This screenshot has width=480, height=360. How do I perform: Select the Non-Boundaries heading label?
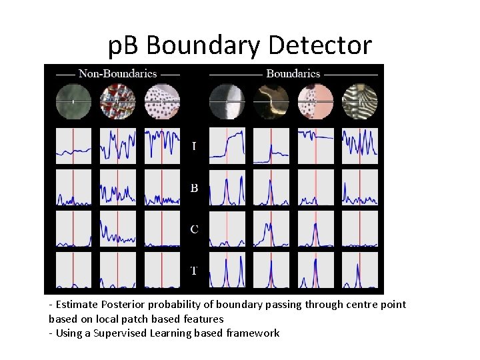118,73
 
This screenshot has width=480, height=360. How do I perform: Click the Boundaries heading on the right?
293,73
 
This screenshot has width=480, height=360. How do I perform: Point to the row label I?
194,145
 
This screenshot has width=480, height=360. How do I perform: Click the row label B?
194,188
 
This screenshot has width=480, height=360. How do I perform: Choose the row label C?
194,229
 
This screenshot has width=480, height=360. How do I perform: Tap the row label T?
194,270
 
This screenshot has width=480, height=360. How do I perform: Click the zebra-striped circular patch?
360,101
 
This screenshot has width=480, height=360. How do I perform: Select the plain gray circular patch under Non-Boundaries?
73,101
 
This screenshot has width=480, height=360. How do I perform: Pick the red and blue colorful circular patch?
118,101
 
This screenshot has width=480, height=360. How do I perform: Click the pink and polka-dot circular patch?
315,101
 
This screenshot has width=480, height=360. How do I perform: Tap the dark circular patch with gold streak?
271,101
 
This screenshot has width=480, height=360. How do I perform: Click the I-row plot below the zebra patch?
360,145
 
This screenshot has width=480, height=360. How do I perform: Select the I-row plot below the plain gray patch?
73,145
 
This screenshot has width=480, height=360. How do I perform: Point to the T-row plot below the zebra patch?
360,270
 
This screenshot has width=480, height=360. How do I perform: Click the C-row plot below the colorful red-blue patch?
118,229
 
